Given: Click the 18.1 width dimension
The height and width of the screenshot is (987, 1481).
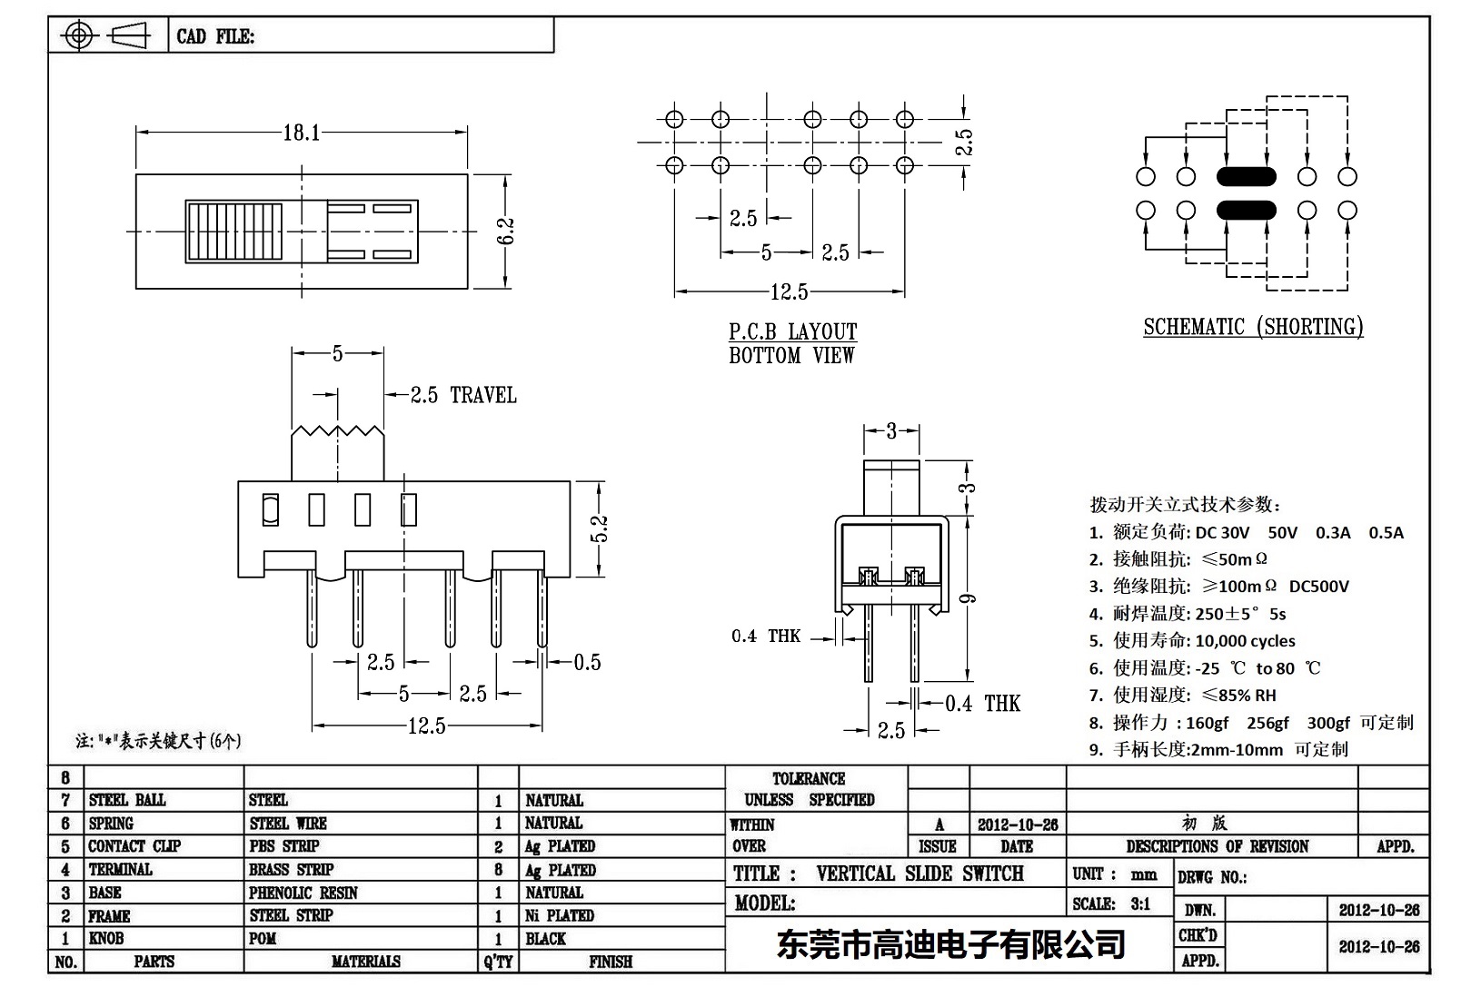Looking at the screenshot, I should coord(302,133).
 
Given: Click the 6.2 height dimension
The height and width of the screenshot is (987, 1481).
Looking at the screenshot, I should coord(507,231).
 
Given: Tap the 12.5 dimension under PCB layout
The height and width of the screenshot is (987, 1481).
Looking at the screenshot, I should coord(789,292).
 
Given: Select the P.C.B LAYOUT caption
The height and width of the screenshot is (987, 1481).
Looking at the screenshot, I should coord(792,331).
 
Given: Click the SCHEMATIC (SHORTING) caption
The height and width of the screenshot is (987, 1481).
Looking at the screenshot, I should coord(1253,327).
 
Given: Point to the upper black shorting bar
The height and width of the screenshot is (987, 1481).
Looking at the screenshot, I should coord(1246,176).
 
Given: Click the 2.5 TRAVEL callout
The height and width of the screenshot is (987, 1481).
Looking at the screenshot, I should coord(462,395).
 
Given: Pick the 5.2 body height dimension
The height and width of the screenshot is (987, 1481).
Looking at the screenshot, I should coord(599,528).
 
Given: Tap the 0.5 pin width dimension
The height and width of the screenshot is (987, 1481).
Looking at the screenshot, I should coord(587,663).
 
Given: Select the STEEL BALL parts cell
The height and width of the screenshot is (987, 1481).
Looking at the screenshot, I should coord(127,800).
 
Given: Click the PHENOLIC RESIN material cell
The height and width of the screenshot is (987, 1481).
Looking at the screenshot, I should coord(303,893).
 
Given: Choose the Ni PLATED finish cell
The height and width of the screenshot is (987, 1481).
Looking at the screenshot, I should coord(560,915).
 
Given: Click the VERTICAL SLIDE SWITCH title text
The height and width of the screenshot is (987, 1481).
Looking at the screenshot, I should coord(919,873).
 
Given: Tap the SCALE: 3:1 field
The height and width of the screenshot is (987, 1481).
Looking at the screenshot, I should coord(1111,903).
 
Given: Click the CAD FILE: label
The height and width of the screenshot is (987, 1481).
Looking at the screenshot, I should coord(215,36).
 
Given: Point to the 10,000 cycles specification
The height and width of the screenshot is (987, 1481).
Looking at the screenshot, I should coord(1245,641).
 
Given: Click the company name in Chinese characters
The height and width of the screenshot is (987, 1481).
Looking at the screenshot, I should coord(950,945).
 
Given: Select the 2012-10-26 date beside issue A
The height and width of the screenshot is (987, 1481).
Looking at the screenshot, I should coord(1018,824).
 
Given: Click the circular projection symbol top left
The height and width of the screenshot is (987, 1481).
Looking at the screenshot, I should coord(79,36).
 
